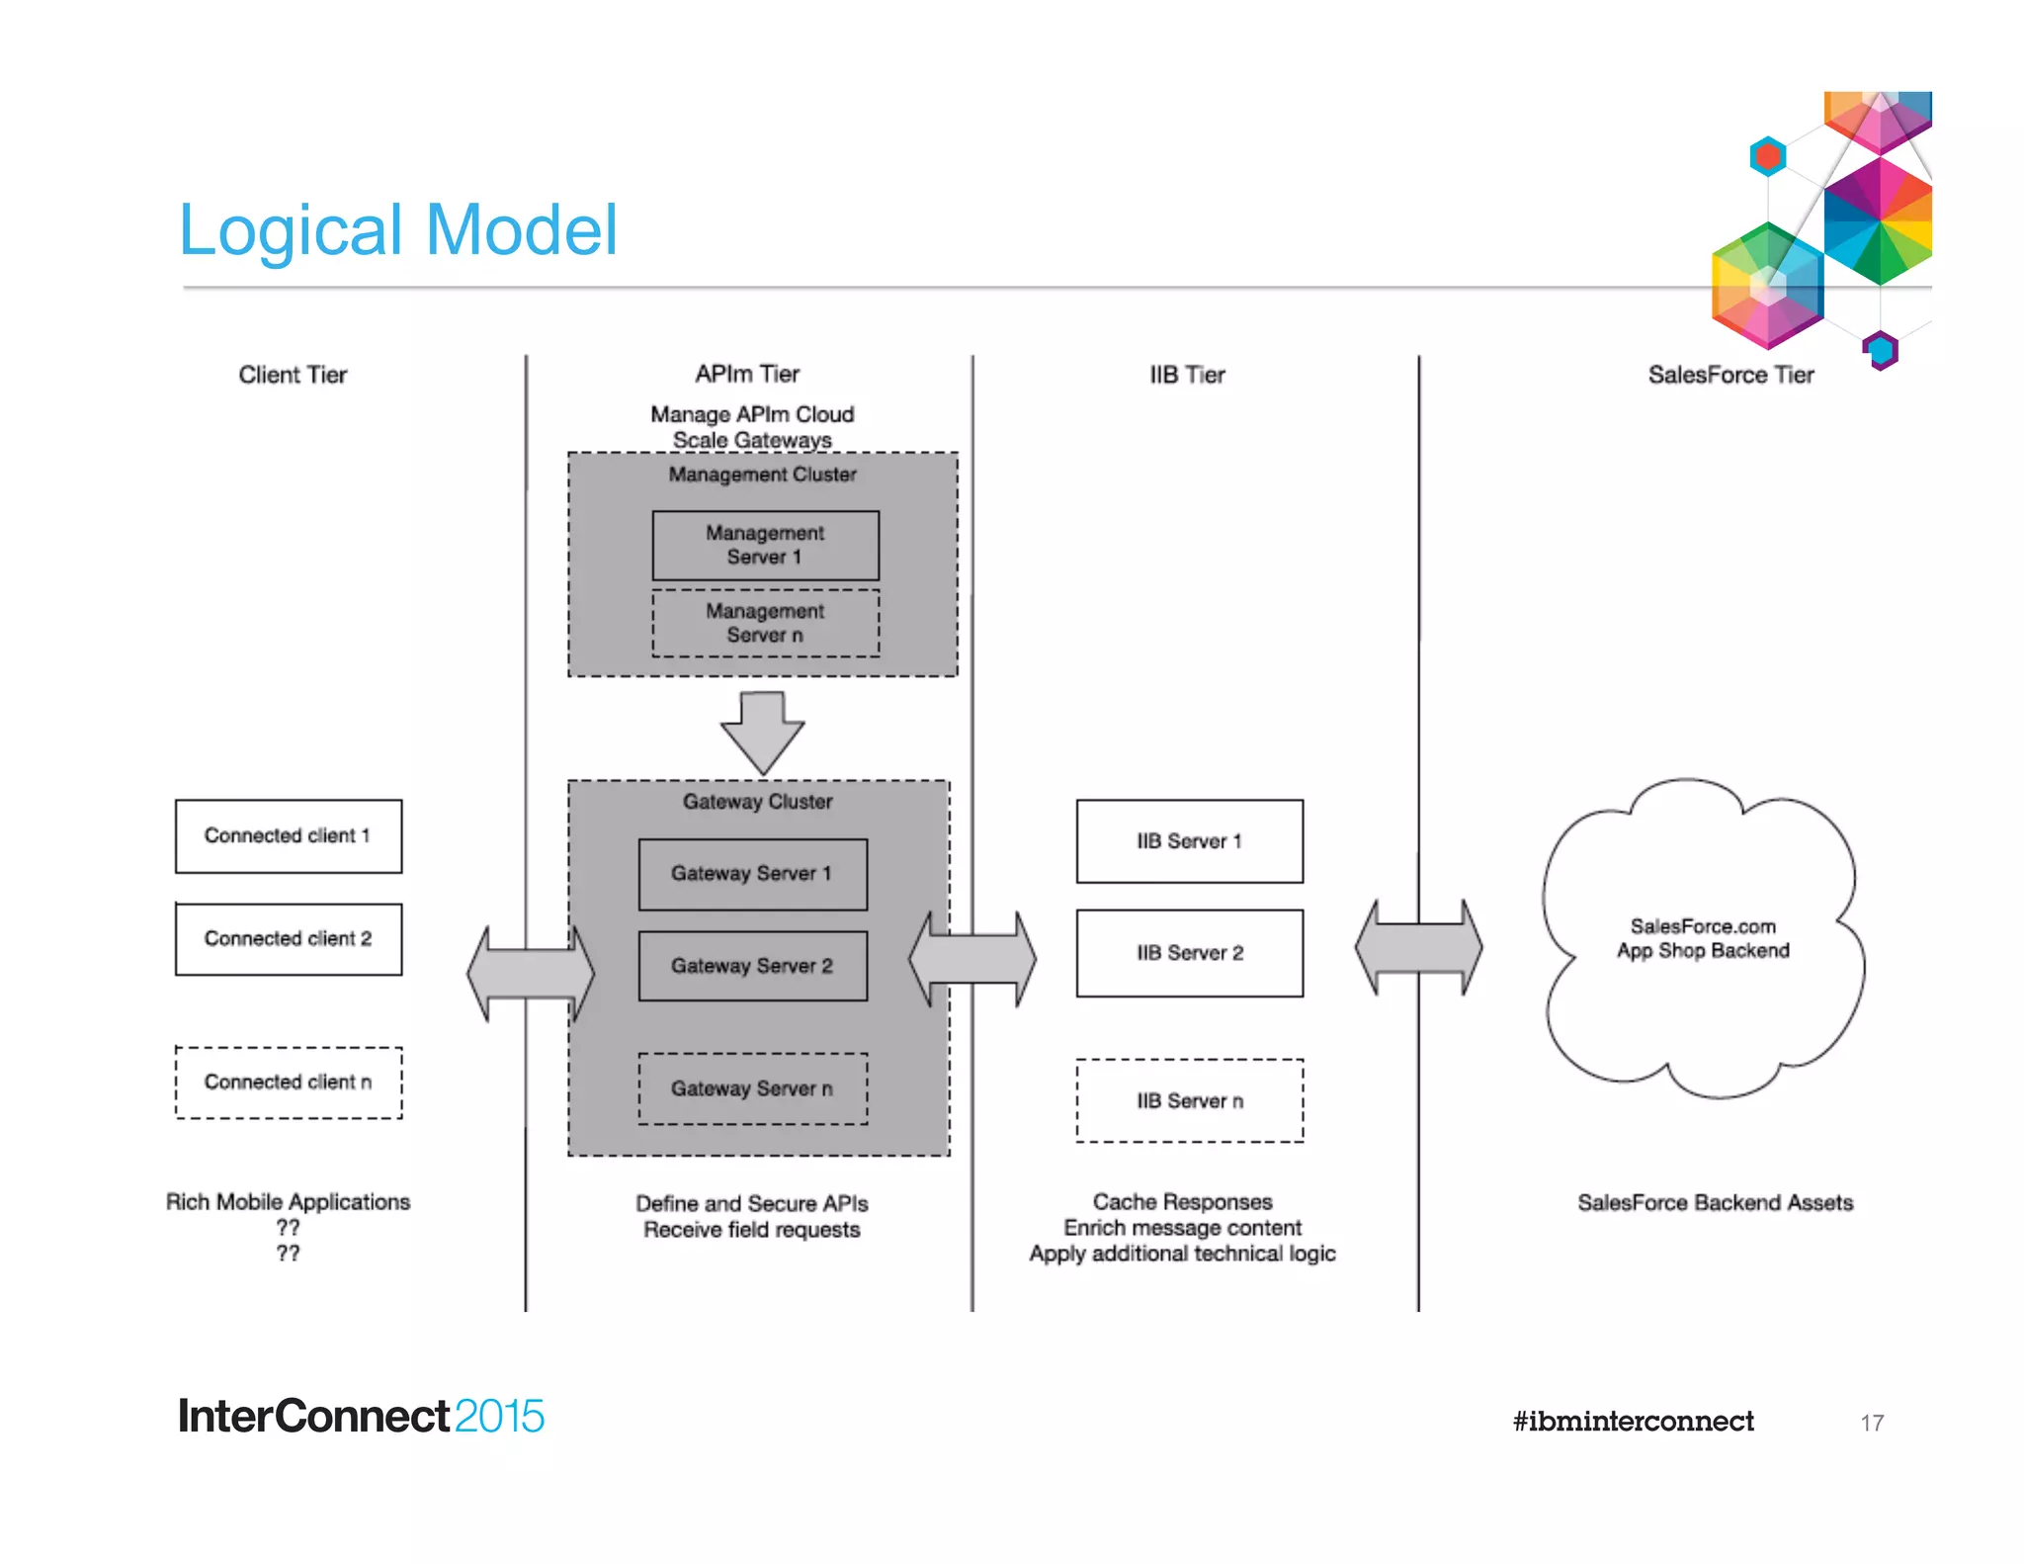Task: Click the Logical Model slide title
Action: coord(397,230)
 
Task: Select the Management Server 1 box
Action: coord(765,545)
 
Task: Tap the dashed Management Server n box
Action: coord(765,624)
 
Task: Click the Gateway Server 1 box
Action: coord(752,874)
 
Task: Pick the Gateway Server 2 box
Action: coord(752,966)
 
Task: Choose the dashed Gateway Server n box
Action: coord(752,1088)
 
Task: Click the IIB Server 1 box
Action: coord(1189,841)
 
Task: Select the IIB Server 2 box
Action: coord(1189,953)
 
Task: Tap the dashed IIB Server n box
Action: coord(1189,1101)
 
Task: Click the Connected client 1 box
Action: coord(288,836)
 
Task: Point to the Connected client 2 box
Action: coord(288,939)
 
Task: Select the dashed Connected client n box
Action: coord(288,1083)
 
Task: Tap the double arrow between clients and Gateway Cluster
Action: coord(531,974)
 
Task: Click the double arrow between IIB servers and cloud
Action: coord(1418,947)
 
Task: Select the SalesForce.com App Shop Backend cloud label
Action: coord(1702,938)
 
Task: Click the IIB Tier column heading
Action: coord(1187,375)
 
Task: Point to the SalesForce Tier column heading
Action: coord(1730,375)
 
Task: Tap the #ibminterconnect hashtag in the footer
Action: coord(1633,1422)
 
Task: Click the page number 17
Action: coord(1872,1423)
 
